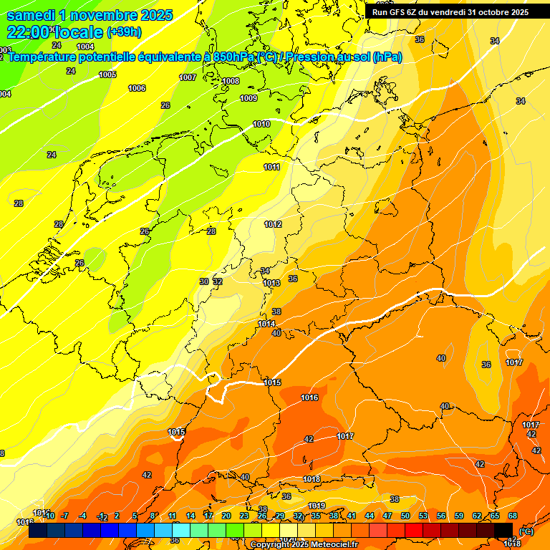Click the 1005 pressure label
click(x=107, y=74)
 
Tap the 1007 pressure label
click(x=188, y=77)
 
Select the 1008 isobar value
click(x=231, y=81)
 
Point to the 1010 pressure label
click(x=261, y=124)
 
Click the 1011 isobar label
click(x=271, y=167)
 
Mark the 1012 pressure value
click(x=273, y=224)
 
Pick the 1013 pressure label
click(x=271, y=283)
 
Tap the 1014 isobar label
click(x=266, y=324)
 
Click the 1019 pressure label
click(x=317, y=506)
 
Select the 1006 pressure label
click(x=137, y=88)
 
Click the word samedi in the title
click(x=30, y=14)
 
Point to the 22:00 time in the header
click(x=29, y=32)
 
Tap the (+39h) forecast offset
click(x=124, y=32)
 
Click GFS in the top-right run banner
click(x=396, y=12)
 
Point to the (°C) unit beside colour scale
click(x=526, y=531)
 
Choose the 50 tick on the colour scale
click(x=405, y=516)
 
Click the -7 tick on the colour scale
click(x=64, y=516)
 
